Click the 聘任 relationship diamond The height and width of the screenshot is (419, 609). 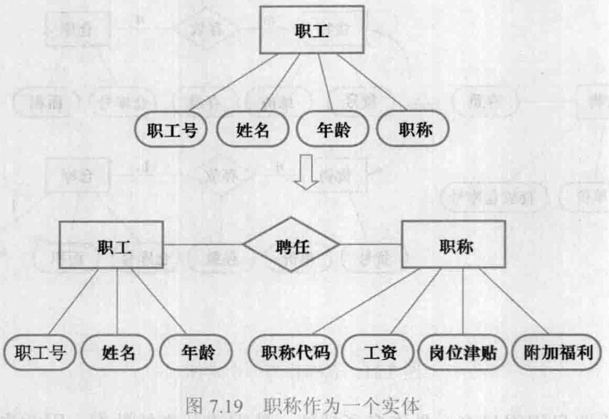(291, 247)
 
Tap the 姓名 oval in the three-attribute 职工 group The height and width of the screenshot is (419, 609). (118, 354)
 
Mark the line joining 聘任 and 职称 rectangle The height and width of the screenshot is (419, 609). (371, 244)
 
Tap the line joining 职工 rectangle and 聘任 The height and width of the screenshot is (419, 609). (204, 244)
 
